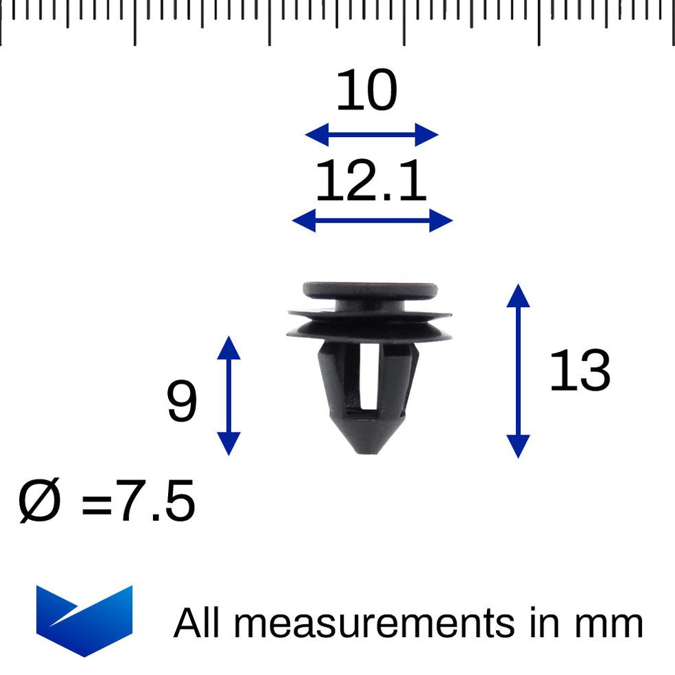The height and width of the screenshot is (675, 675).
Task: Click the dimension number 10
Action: tap(366, 92)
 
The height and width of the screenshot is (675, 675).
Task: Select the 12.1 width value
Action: tap(371, 182)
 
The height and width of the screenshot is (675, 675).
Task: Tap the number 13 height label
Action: tap(580, 372)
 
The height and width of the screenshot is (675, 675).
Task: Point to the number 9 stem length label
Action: tap(182, 403)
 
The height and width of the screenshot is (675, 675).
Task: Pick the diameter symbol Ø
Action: tap(40, 502)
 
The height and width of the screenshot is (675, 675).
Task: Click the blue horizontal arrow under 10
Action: tap(371, 135)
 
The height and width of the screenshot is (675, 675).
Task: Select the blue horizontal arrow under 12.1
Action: tap(372, 221)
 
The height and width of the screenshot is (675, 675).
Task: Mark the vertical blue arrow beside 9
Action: tap(229, 395)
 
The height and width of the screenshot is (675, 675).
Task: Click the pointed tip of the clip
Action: tap(370, 448)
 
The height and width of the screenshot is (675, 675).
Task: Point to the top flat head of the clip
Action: tap(370, 290)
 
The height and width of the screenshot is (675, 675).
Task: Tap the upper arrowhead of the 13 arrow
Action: tap(518, 294)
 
